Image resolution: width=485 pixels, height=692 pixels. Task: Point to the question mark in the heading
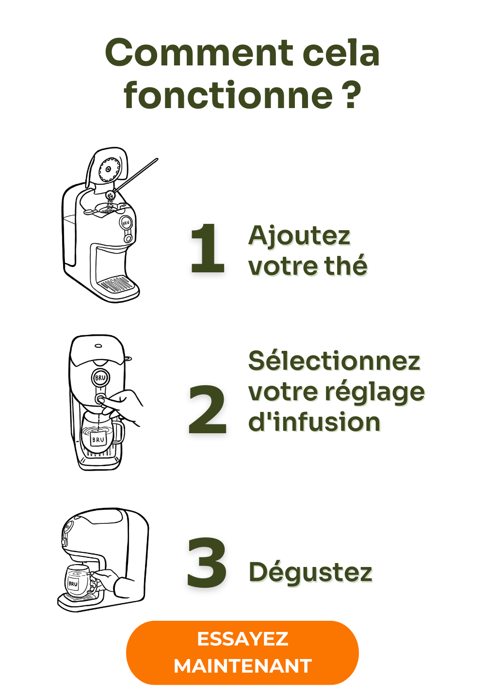coord(351,94)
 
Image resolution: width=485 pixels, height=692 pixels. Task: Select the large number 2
coord(208,409)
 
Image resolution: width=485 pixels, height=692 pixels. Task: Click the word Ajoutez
coord(299,236)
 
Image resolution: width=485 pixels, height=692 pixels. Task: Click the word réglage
coord(374,393)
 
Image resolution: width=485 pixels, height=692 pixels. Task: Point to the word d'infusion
coord(314,422)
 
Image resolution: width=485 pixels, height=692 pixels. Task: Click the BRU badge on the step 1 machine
coord(126,223)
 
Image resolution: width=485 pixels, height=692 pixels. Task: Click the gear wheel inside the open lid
coord(109,169)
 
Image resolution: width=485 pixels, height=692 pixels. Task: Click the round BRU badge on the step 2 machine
coord(100,377)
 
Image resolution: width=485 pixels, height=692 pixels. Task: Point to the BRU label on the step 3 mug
coord(73,583)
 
